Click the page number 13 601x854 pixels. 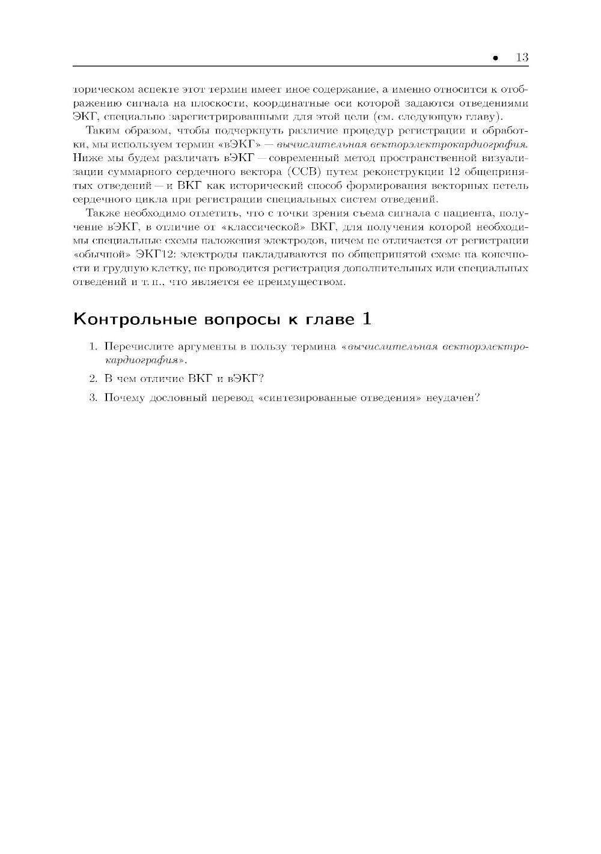pyautogui.click(x=521, y=58)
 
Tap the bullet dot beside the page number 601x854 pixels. pyautogui.click(x=495, y=58)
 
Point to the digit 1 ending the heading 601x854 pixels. pyautogui.click(x=366, y=318)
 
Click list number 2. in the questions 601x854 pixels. pyautogui.click(x=93, y=378)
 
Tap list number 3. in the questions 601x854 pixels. pyautogui.click(x=93, y=398)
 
